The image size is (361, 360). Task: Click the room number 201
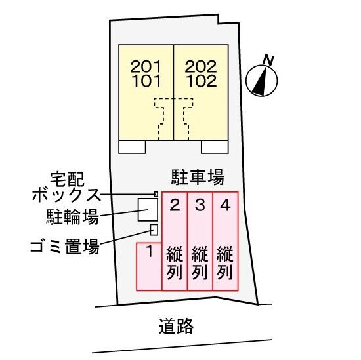[146, 67]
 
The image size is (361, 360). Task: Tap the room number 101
[146, 81]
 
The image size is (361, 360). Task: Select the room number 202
[201, 67]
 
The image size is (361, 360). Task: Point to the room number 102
[202, 81]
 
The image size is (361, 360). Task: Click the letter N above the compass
[268, 60]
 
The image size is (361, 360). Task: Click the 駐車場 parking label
[198, 177]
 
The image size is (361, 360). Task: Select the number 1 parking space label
[150, 251]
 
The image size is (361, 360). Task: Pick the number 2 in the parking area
[175, 205]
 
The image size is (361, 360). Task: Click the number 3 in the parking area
[200, 205]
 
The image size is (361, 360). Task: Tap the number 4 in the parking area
[225, 205]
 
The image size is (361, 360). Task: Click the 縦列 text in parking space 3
[200, 263]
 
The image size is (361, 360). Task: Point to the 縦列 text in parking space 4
[225, 263]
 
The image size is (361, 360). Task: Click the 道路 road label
[177, 326]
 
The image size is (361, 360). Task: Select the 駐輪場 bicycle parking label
[72, 216]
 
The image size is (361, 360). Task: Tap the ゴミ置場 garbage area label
[65, 246]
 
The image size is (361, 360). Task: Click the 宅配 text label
[67, 179]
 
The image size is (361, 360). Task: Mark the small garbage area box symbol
[154, 230]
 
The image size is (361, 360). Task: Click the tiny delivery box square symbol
[156, 194]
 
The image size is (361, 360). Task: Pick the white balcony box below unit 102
[215, 147]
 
